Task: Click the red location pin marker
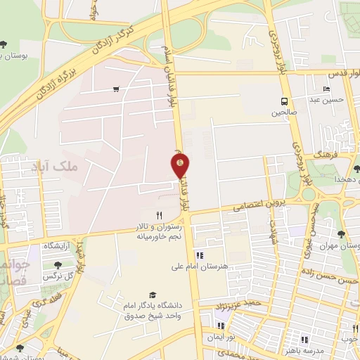(x=180, y=166)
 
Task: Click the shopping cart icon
(x=115, y=89)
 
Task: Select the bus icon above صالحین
(x=285, y=101)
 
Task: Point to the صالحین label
(x=285, y=112)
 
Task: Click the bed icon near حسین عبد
(x=326, y=89)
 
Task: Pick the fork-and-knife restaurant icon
(x=159, y=215)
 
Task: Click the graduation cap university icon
(x=152, y=295)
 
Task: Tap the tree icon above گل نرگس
(x=58, y=265)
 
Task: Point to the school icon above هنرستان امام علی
(x=200, y=255)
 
